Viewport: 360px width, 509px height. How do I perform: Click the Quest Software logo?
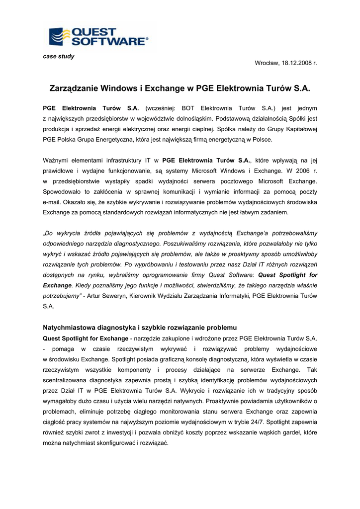point(98,37)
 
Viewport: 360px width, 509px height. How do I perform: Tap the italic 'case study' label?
point(59,56)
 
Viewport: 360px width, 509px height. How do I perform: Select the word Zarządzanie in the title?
point(74,88)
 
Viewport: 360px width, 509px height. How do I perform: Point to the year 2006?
point(299,170)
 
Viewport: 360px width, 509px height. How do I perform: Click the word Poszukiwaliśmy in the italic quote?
point(188,244)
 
